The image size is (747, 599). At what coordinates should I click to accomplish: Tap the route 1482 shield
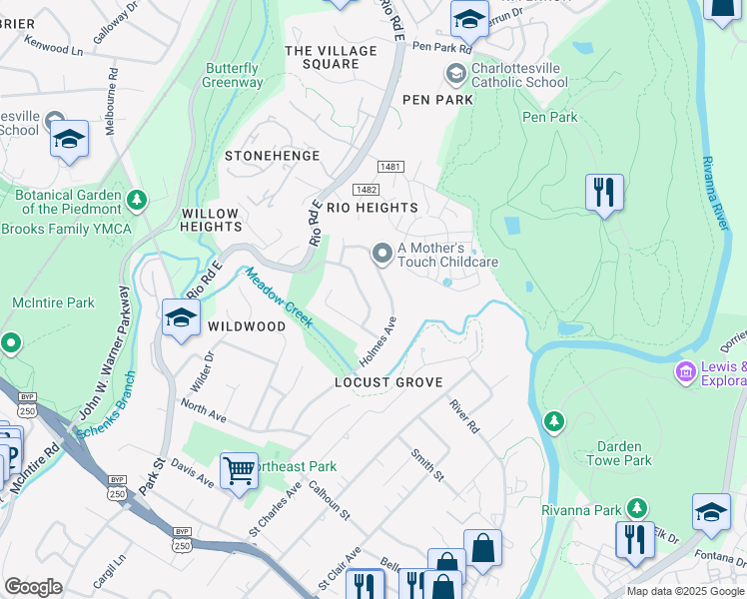click(365, 189)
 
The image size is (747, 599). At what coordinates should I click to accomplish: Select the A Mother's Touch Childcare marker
click(381, 255)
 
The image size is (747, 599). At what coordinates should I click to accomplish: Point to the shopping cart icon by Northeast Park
click(239, 468)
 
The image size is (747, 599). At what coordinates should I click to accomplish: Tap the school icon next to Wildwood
click(180, 319)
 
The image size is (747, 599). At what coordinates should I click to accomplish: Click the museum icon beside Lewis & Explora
click(685, 372)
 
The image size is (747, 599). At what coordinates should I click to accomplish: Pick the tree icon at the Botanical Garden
click(137, 202)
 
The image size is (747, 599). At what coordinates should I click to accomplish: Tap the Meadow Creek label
click(280, 299)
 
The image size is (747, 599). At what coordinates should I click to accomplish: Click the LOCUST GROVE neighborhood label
click(388, 382)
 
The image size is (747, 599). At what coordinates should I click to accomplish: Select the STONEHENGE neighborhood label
click(272, 156)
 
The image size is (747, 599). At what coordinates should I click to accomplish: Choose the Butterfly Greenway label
click(233, 76)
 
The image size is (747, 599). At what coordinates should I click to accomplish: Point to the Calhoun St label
click(330, 501)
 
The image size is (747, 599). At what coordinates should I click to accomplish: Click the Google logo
click(33, 587)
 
